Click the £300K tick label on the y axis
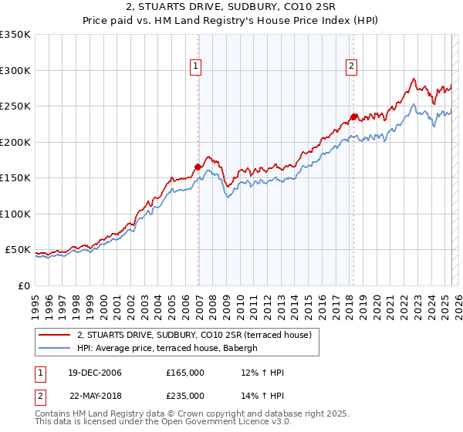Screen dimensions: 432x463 (x=15, y=70)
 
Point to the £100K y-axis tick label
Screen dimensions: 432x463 (x=15, y=214)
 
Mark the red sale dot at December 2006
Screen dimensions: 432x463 (x=198, y=167)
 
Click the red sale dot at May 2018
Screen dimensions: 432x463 (x=353, y=116)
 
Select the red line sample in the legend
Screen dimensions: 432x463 (x=55, y=336)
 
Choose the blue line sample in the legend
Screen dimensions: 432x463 (x=55, y=348)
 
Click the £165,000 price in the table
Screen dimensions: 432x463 (x=185, y=373)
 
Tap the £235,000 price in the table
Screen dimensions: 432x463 (x=185, y=396)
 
